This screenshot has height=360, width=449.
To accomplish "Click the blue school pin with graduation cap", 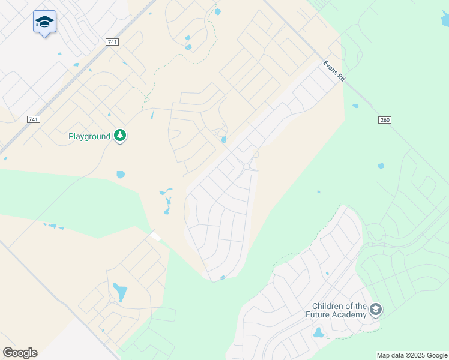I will point(45,22).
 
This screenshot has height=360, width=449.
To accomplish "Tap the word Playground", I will point(89,137).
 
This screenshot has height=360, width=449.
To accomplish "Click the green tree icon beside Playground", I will point(121,136).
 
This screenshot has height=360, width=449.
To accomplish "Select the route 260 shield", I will point(385,120).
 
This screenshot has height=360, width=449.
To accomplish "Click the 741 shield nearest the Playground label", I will point(34,119).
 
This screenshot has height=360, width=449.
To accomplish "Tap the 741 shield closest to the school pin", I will point(112,42).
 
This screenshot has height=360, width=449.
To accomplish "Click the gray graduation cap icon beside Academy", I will point(376,310).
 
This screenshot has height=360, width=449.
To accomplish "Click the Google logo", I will point(20,353).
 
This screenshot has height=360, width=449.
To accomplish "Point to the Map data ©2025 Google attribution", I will point(412,355).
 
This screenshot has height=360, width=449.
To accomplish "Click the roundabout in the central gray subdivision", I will point(247,166).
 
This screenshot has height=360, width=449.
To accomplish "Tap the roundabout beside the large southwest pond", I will point(112,300).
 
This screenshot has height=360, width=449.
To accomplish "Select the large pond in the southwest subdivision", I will point(121,292).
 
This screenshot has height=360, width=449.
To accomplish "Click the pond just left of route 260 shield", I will point(355,106).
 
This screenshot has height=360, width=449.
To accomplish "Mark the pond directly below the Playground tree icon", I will point(121,175).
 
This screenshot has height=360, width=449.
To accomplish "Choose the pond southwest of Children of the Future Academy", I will point(318,332).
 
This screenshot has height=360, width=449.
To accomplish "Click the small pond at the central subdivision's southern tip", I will point(223,277).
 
